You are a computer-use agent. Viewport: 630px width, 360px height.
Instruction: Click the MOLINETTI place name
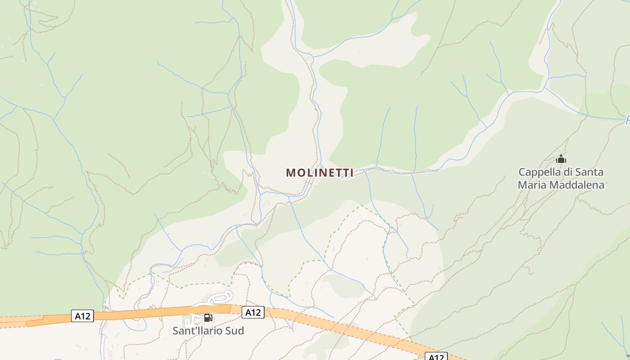point(319,173)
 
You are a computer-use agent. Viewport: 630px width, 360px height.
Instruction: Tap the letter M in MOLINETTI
point(291,173)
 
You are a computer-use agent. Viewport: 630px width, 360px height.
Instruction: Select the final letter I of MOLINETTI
point(352,173)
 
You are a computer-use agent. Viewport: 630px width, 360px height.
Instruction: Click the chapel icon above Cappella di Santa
point(561,159)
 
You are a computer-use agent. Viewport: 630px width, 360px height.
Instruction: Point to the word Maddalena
point(577,184)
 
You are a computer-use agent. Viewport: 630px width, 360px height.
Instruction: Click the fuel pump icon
point(208,318)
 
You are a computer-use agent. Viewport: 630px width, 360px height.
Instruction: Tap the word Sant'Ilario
point(195,331)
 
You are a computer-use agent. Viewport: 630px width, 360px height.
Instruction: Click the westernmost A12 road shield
point(82,316)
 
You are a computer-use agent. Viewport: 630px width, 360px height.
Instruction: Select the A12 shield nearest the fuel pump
point(252,312)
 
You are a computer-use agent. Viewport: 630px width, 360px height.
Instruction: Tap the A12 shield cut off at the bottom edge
point(436,357)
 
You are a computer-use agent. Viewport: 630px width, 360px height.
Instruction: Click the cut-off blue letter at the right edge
point(627,121)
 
